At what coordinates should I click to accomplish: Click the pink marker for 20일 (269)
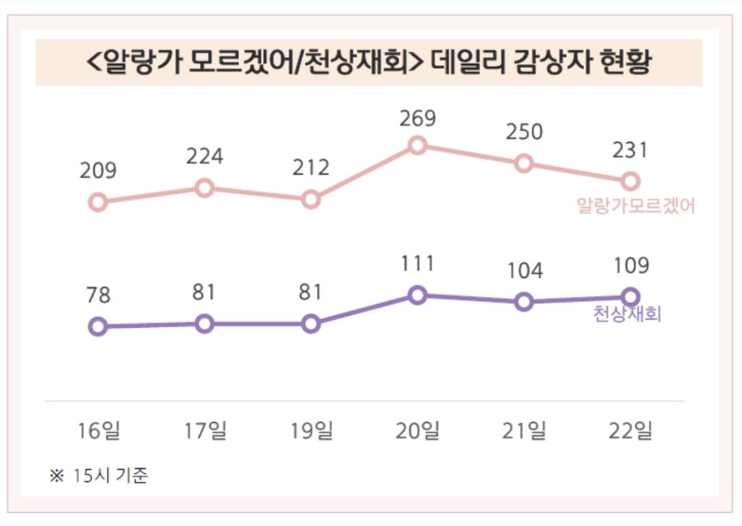tap(417, 146)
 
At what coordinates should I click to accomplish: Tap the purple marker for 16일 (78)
tap(98, 326)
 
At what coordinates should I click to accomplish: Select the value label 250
tap(524, 133)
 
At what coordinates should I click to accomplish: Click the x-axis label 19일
tap(311, 431)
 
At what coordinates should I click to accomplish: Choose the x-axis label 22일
tap(630, 431)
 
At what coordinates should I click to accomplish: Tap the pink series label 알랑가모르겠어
tap(635, 206)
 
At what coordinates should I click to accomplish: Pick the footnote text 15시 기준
tap(110, 477)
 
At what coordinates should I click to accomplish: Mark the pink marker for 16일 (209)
tap(98, 202)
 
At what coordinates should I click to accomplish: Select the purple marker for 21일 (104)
tap(524, 302)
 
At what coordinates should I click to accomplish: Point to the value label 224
tap(204, 156)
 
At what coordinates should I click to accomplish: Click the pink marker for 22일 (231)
tap(630, 181)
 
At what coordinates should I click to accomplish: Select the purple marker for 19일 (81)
tap(311, 324)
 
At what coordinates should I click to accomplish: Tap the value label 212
tap(311, 168)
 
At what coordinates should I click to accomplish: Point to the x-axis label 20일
tap(417, 431)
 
